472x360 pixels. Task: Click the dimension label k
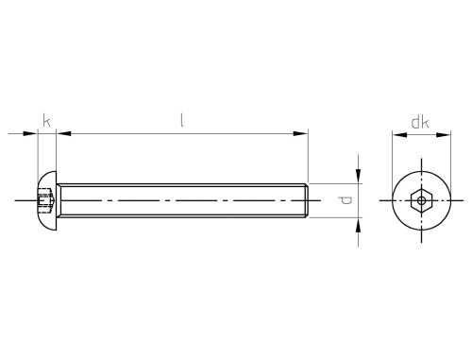pos(46,121)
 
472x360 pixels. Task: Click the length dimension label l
pos(182,121)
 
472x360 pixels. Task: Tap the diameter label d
pos(345,200)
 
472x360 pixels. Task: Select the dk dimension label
pos(420,122)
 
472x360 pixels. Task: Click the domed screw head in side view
pos(47,200)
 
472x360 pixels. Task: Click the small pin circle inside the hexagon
pos(422,200)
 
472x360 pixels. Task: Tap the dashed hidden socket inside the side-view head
pos(45,200)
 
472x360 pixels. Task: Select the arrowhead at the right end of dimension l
pos(300,133)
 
